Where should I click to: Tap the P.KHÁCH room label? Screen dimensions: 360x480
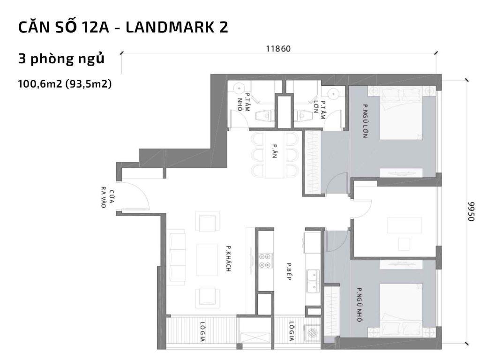pos(229,259)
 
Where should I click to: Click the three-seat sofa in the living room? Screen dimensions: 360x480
pos(177,255)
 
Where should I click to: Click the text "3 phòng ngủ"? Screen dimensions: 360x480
pos(61,60)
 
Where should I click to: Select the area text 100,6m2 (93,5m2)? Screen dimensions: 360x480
pos(65,84)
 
